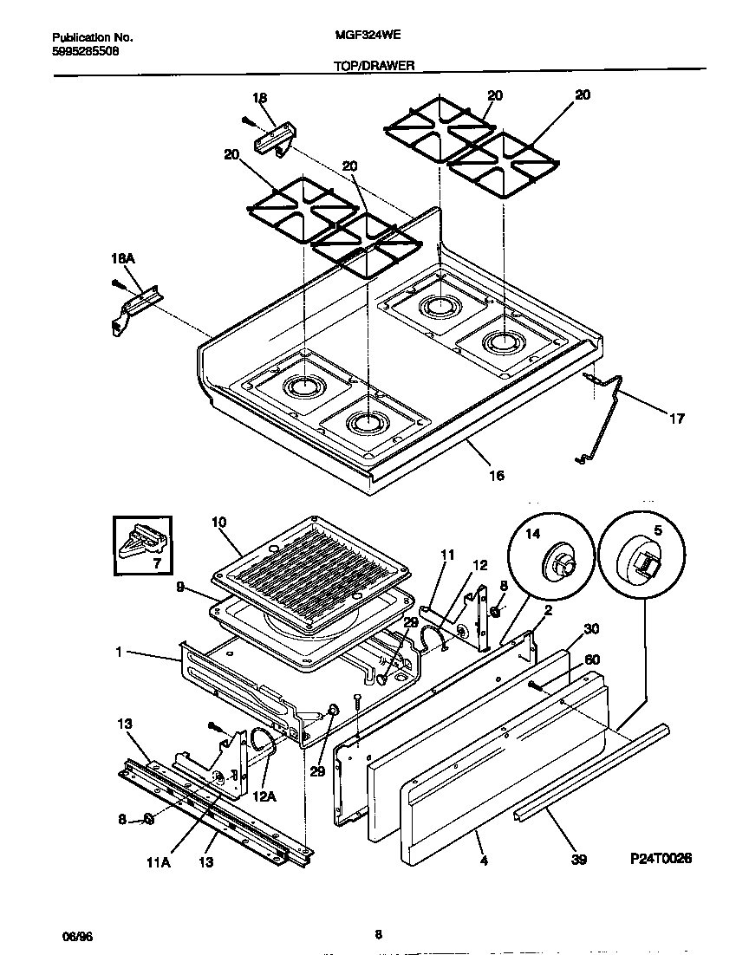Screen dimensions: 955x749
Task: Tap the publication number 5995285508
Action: pyautogui.click(x=86, y=51)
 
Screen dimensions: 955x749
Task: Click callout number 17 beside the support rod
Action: pyautogui.click(x=677, y=419)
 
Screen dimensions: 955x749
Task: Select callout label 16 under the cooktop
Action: pyautogui.click(x=496, y=475)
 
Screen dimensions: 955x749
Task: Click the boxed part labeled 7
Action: pyautogui.click(x=143, y=546)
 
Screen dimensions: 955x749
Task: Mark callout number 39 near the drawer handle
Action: pyautogui.click(x=579, y=860)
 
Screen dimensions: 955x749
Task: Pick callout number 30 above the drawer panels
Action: pyautogui.click(x=592, y=628)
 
